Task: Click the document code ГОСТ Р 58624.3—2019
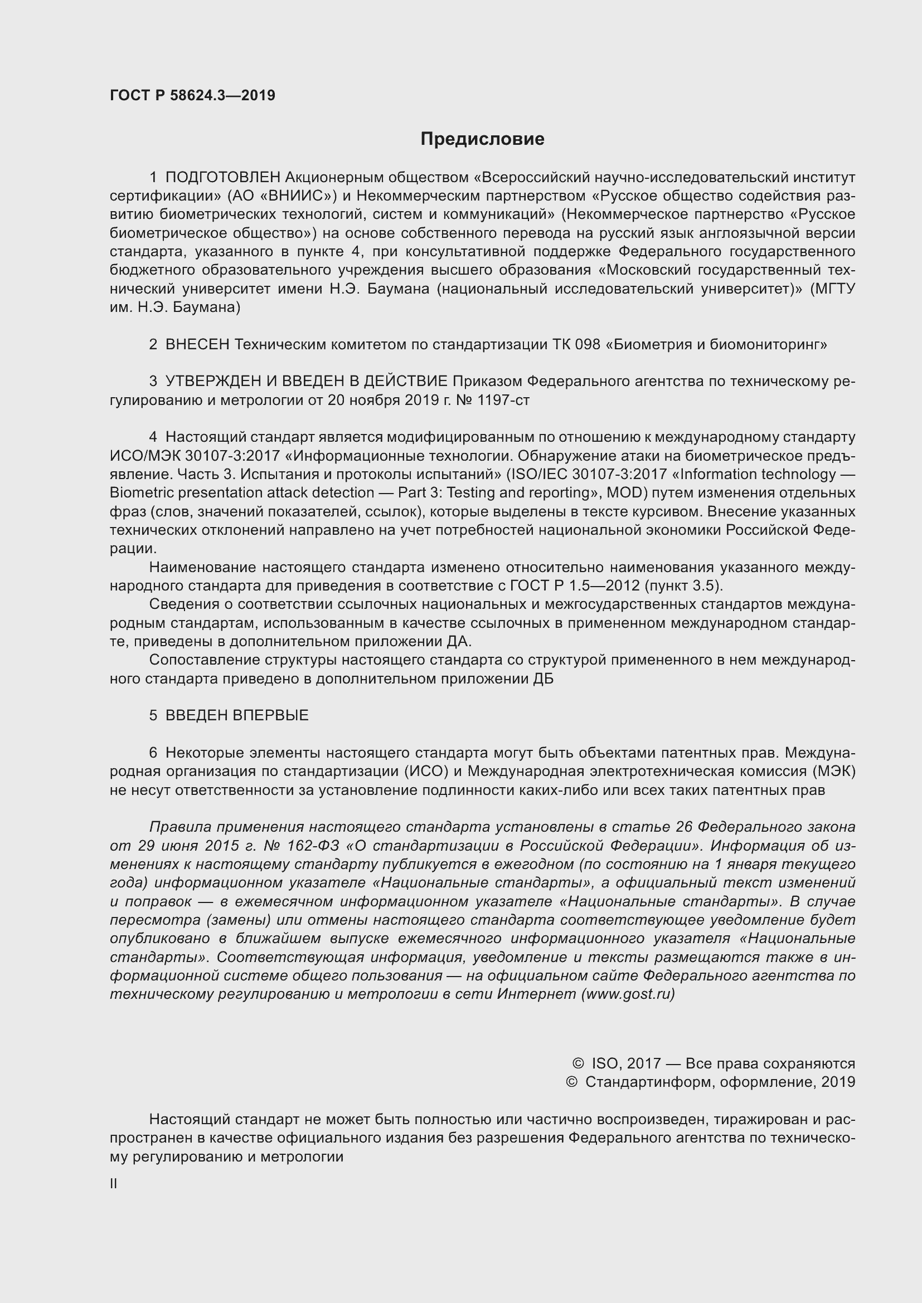click(x=192, y=95)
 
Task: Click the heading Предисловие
click(x=482, y=139)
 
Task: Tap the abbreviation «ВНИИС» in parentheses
click(x=293, y=196)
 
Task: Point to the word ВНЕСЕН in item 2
click(x=197, y=344)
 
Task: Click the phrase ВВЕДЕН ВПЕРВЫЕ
click(x=237, y=716)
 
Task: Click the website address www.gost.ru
click(x=627, y=994)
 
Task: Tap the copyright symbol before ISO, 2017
click(x=578, y=1063)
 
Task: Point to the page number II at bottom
click(x=114, y=1184)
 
